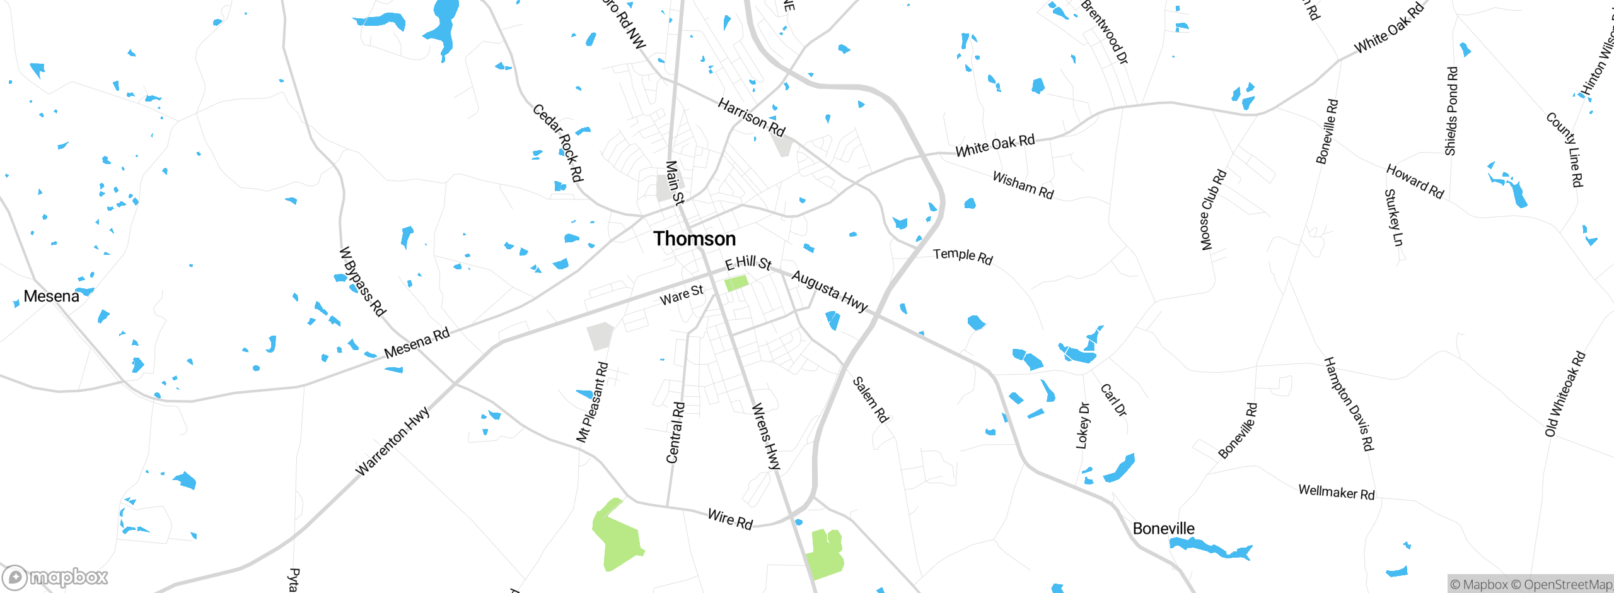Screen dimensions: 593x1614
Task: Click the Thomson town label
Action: coord(694,239)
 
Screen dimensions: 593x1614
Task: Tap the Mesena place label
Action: coord(51,296)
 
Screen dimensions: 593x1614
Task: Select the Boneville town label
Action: coord(1163,529)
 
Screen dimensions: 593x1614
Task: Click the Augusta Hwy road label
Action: coord(830,290)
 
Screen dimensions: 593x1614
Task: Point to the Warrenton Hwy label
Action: coord(392,441)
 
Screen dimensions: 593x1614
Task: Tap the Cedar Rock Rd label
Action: coord(558,143)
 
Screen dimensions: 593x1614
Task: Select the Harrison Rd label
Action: coord(752,117)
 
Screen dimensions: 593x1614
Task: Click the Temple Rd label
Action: coord(963,256)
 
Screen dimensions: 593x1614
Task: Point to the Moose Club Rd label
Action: coord(1213,210)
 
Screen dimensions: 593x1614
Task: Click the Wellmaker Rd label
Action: coord(1336,492)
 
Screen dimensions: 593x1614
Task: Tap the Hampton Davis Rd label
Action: coord(1349,404)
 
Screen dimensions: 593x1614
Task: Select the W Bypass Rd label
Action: coord(363,281)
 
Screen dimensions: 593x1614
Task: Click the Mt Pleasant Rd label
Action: coord(592,402)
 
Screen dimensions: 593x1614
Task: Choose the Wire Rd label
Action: coord(730,519)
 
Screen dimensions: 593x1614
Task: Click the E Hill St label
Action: coord(748,263)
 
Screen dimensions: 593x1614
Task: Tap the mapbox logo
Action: coord(55,577)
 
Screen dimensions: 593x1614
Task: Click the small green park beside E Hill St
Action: coord(736,283)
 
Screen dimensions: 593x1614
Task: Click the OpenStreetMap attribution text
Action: coord(1567,585)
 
